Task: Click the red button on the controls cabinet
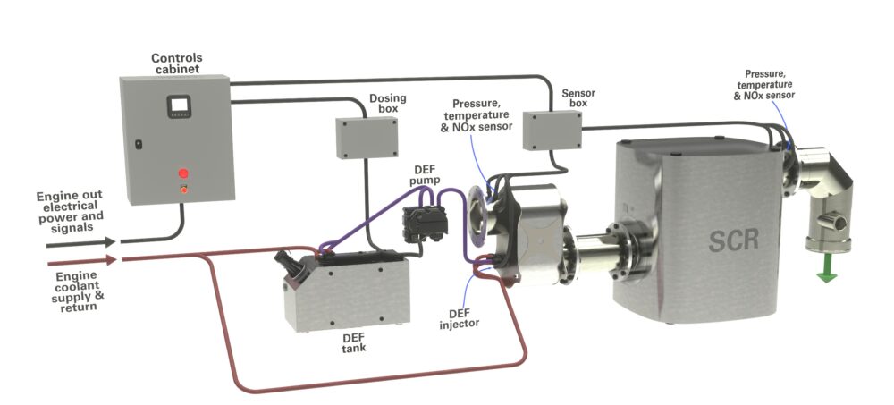[x=183, y=173]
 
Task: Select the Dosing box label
[x=384, y=103]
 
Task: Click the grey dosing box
[x=367, y=138]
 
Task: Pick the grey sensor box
[x=552, y=131]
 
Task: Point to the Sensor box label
[x=578, y=98]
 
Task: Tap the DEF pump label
[x=427, y=175]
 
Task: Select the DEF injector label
[x=460, y=318]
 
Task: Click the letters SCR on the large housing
[x=734, y=240]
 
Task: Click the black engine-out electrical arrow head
[x=109, y=242]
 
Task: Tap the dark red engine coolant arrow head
[x=111, y=260]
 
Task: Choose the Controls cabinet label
[x=177, y=63]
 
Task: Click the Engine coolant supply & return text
[x=78, y=291]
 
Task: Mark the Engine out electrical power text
[x=71, y=211]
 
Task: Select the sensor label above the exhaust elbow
[x=764, y=84]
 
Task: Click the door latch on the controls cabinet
[x=138, y=144]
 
